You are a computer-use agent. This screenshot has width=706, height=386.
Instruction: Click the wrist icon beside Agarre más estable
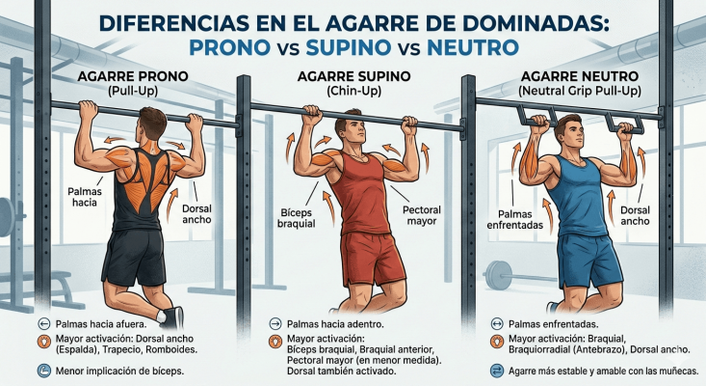pyautogui.click(x=498, y=371)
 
